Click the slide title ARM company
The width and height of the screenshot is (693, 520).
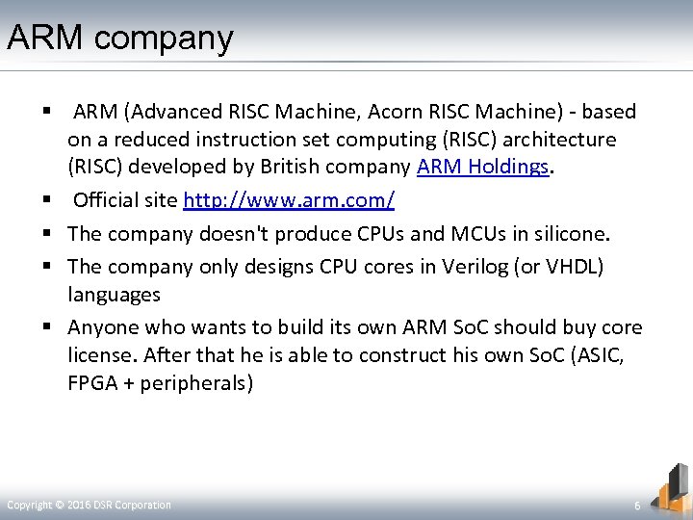click(119, 39)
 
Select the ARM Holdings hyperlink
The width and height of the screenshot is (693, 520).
click(482, 167)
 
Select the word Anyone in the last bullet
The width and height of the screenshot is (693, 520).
click(106, 327)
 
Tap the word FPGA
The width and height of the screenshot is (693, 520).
click(90, 382)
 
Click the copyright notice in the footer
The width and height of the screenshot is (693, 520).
click(90, 505)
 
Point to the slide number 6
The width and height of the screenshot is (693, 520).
click(636, 505)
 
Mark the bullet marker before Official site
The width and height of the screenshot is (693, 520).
click(45, 202)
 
